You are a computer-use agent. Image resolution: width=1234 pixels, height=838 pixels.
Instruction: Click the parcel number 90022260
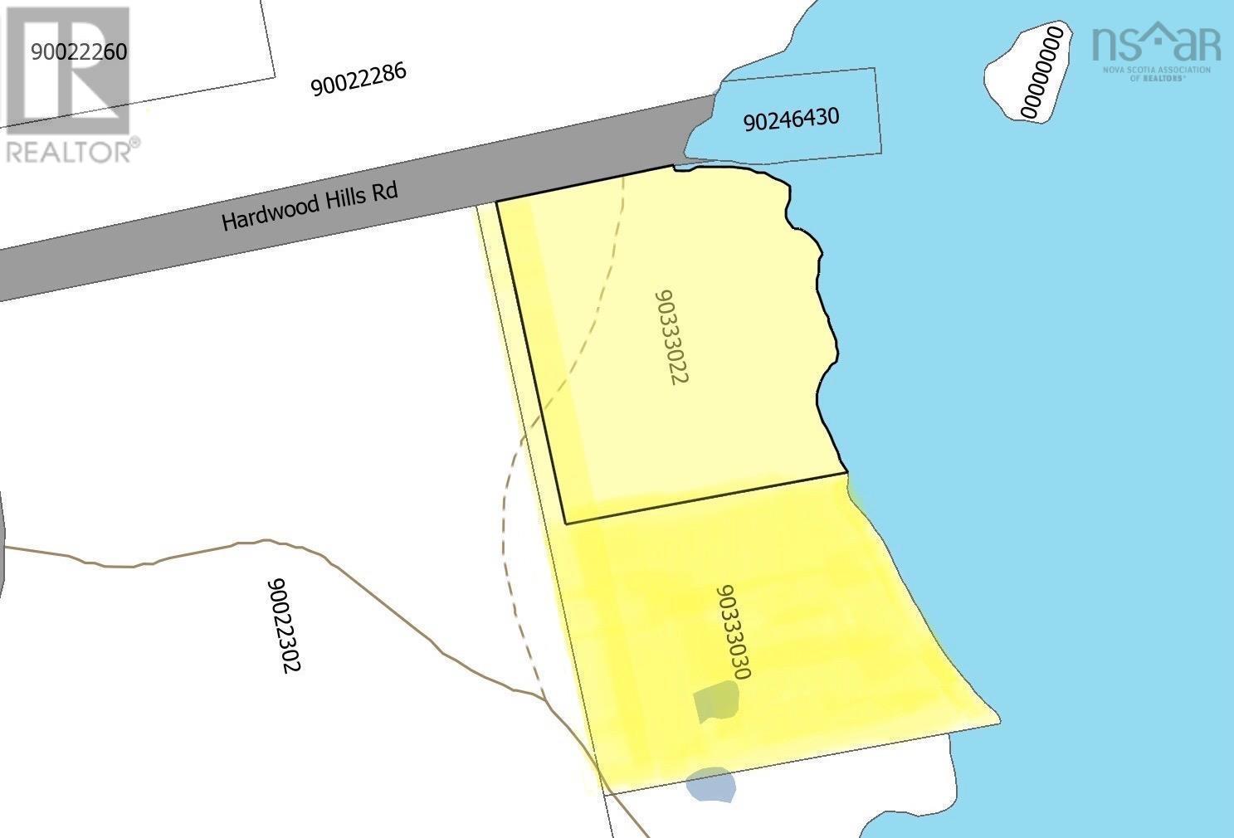pyautogui.click(x=79, y=52)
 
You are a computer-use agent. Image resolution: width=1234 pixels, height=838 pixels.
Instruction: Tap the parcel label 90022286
pyautogui.click(x=358, y=80)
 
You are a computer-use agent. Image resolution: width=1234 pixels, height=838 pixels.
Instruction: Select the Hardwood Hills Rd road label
pyautogui.click(x=310, y=206)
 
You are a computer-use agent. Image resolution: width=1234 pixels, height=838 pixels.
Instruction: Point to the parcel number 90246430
pyautogui.click(x=791, y=119)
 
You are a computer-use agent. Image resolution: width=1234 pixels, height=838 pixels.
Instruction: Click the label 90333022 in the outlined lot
pyautogui.click(x=671, y=337)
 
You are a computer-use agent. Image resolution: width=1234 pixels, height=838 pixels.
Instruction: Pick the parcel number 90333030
pyautogui.click(x=732, y=632)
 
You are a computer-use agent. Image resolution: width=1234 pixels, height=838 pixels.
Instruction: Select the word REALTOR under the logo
pyautogui.click(x=66, y=152)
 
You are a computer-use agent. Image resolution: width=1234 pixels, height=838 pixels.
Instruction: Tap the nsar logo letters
pyautogui.click(x=1155, y=42)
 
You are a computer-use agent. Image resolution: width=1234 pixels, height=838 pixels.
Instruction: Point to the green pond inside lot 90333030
pyautogui.click(x=716, y=701)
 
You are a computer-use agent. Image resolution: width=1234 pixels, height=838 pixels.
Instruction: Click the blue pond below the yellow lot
pyautogui.click(x=711, y=784)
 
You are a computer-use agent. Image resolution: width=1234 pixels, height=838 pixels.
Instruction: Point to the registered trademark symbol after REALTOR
pyautogui.click(x=134, y=144)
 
